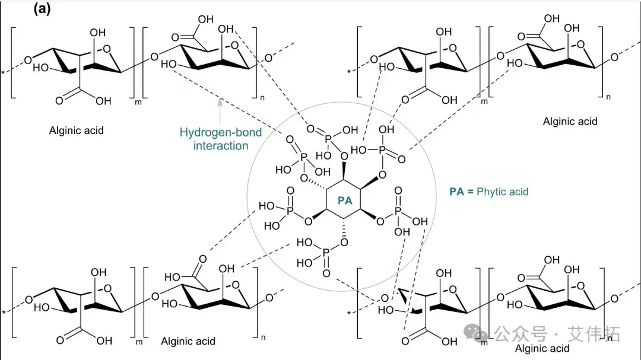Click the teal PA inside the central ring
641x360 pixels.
[x=345, y=200]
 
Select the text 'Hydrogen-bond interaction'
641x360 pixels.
[x=221, y=139]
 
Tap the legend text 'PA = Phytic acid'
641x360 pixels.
[x=488, y=192]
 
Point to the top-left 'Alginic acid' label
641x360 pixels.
[x=76, y=130]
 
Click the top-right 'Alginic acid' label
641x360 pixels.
[x=570, y=121]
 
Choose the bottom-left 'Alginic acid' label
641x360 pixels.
[x=188, y=341]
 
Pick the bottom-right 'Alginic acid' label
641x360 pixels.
[x=542, y=348]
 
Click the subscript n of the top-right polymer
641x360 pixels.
[x=607, y=95]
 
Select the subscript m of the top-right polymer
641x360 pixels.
[x=484, y=102]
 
